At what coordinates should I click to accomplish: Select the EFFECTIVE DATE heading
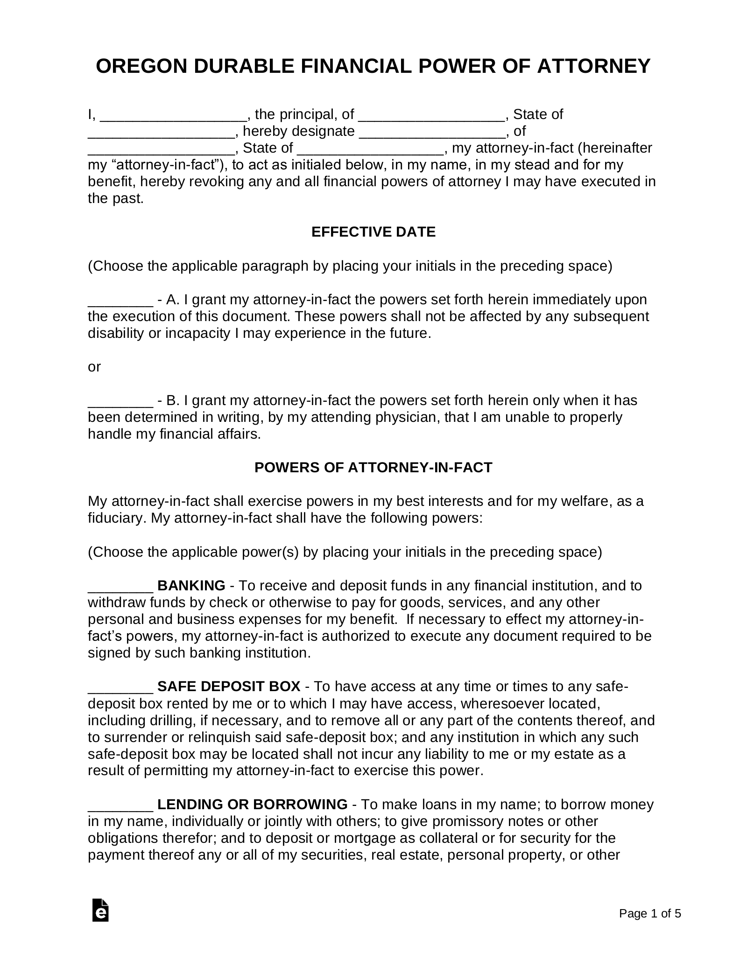point(373,232)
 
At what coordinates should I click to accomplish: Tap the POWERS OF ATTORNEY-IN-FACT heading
point(373,468)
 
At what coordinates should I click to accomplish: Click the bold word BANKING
point(191,586)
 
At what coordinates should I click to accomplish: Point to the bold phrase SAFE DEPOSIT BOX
point(229,686)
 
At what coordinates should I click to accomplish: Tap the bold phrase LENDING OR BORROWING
point(252,805)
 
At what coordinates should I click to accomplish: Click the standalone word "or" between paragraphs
point(94,367)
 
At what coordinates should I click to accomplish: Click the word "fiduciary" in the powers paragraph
point(116,518)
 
